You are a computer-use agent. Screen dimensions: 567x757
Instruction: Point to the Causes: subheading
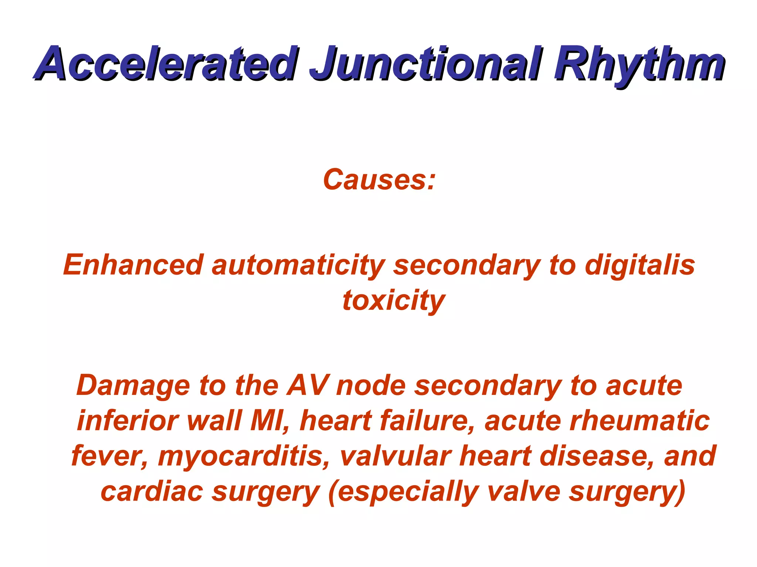click(379, 180)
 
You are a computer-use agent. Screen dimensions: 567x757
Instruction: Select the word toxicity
click(393, 301)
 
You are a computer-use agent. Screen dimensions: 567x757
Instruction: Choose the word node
click(371, 386)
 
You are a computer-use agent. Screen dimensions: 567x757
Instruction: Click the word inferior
click(128, 421)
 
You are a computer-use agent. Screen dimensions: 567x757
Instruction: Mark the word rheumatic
click(639, 421)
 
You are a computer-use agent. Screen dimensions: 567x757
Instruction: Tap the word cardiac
click(152, 492)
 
